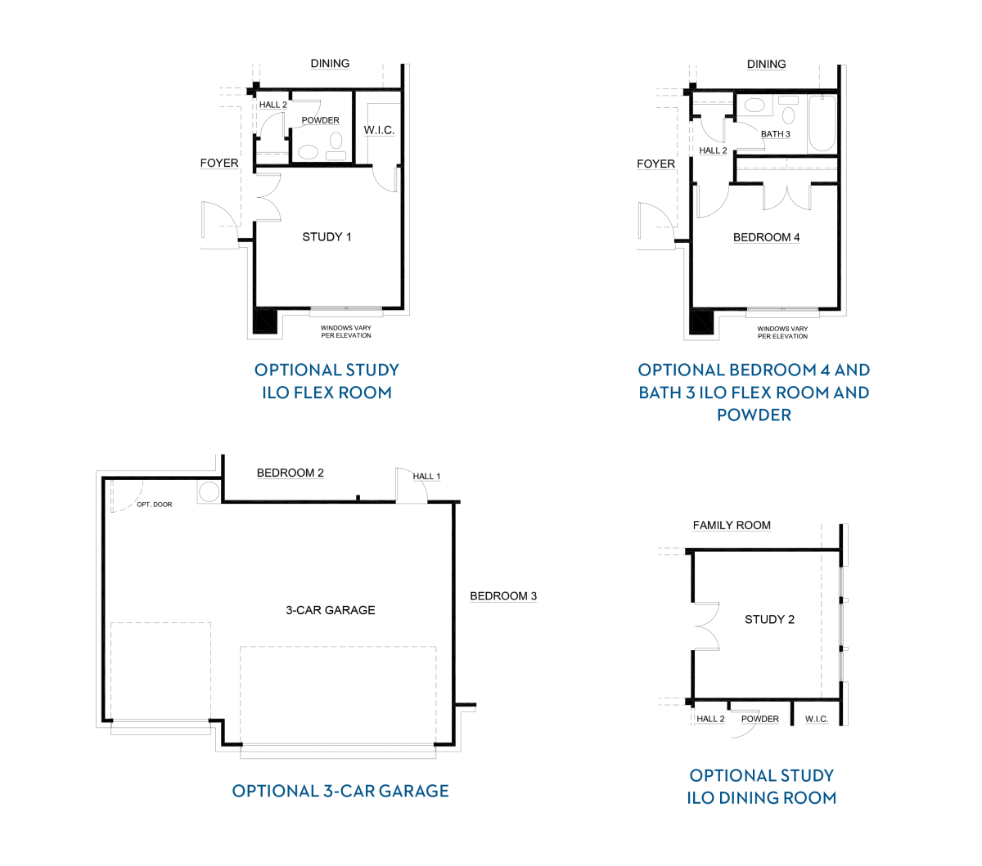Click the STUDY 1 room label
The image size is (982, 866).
click(x=327, y=237)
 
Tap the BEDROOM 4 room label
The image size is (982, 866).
click(x=766, y=237)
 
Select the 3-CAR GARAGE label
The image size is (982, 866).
click(x=330, y=610)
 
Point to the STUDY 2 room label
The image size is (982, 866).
click(x=769, y=619)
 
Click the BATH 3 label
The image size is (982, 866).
click(x=775, y=133)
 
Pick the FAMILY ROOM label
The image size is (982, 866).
click(x=732, y=525)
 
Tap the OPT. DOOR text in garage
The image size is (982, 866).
click(x=154, y=505)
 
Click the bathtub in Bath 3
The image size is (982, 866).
click(x=822, y=123)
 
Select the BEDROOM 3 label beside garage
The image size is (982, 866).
click(x=503, y=596)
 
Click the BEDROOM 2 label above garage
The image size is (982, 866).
click(x=290, y=473)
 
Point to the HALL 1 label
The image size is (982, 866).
click(x=426, y=476)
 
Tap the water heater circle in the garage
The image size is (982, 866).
click(x=209, y=492)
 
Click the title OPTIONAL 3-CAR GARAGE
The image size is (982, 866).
click(x=340, y=791)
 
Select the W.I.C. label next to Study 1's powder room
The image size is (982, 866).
click(x=379, y=130)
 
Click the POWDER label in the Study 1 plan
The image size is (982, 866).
click(x=321, y=120)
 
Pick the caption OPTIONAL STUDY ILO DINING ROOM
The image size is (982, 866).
click(x=762, y=787)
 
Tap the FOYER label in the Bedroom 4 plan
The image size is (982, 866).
click(x=655, y=164)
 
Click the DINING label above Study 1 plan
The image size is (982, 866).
click(x=330, y=64)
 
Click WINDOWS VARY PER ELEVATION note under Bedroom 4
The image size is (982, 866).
click(x=782, y=332)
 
